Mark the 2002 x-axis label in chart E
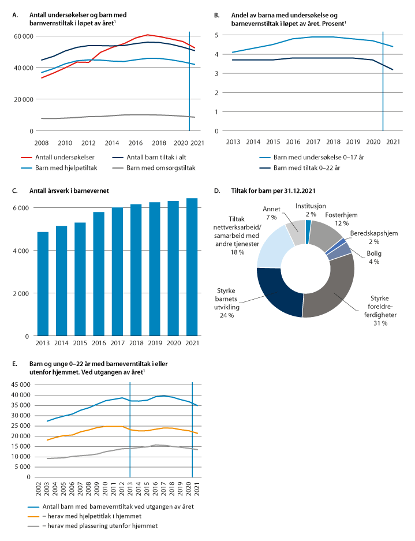(38, 488)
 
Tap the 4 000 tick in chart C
(24, 251)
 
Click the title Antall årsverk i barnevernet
(70, 191)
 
